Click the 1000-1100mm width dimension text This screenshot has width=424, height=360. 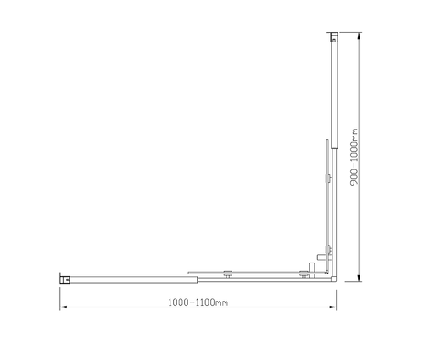[197, 302]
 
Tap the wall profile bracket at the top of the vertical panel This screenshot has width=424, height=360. [334, 37]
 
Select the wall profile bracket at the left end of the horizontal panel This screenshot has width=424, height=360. [64, 276]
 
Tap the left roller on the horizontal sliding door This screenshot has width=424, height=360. [226, 273]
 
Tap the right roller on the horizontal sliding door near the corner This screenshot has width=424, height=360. [303, 273]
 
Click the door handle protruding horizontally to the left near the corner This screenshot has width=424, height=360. [316, 255]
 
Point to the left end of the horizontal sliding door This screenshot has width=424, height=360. [189, 273]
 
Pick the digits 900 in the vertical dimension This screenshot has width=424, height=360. [354, 177]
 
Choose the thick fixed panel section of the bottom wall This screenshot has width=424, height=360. [127, 277]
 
